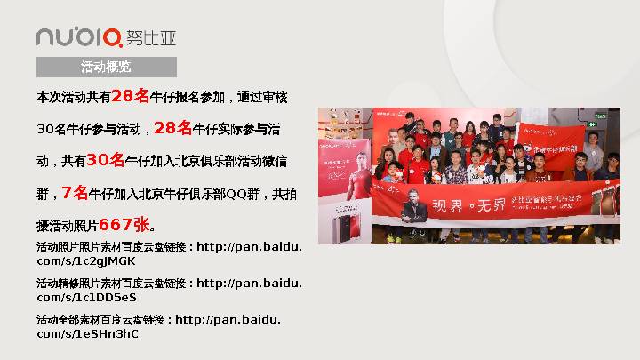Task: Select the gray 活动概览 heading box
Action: pyautogui.click(x=106, y=68)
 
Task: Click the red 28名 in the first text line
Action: pyautogui.click(x=130, y=96)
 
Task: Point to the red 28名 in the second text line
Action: pyautogui.click(x=172, y=128)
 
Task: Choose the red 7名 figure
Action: pyautogui.click(x=75, y=193)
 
